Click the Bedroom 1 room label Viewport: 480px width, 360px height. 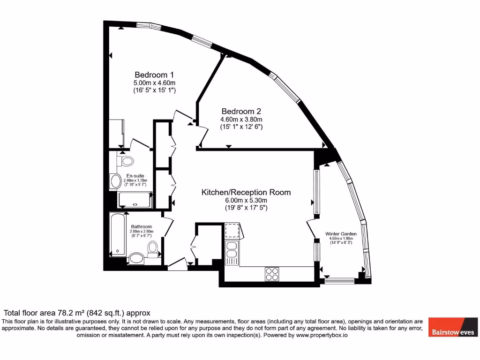[x=154, y=75]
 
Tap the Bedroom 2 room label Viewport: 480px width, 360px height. [x=241, y=112]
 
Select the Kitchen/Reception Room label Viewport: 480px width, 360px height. [x=246, y=192]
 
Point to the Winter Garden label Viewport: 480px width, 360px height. [x=341, y=233]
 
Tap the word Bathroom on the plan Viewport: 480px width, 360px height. [x=141, y=227]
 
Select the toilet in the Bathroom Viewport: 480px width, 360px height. [x=153, y=248]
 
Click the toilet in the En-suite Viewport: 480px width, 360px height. [x=127, y=161]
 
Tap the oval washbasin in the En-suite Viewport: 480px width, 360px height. [x=115, y=181]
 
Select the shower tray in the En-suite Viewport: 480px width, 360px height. [x=135, y=200]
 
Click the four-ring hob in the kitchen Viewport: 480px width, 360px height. [x=272, y=273]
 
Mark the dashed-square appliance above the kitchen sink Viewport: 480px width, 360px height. [x=232, y=231]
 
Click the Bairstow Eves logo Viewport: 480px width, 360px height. [x=453, y=326]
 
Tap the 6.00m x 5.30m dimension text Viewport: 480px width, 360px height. [x=246, y=200]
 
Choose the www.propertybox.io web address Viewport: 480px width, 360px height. [x=321, y=335]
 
